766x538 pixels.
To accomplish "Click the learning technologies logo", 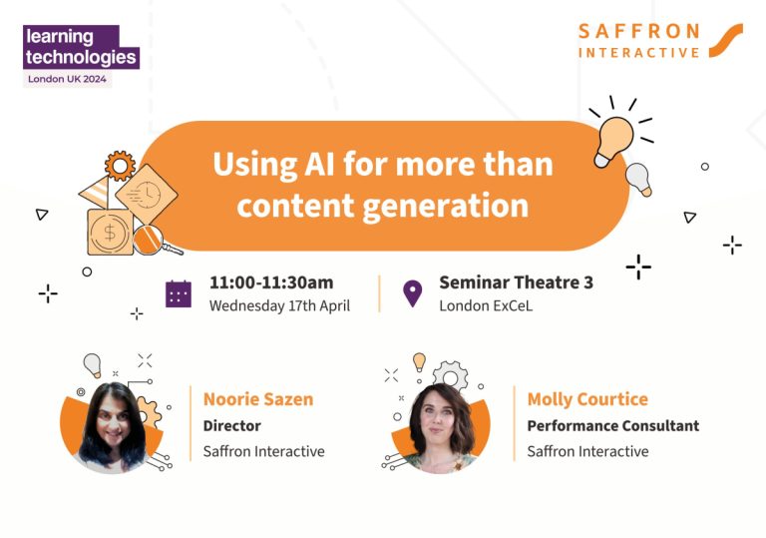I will click(x=81, y=47).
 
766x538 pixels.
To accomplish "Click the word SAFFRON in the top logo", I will click(x=641, y=31).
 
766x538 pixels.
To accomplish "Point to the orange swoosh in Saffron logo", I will click(x=724, y=40).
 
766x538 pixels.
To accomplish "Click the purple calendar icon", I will click(x=179, y=293).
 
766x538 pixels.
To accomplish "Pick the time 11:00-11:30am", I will click(x=271, y=282).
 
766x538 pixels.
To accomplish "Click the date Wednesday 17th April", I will click(x=279, y=306).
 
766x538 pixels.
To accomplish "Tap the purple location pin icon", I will click(x=412, y=293).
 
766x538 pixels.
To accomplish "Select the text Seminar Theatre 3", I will click(x=516, y=282).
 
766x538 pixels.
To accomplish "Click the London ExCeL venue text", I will click(x=486, y=306).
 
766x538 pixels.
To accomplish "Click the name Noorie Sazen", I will click(x=258, y=399).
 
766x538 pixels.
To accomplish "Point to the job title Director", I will click(x=231, y=425).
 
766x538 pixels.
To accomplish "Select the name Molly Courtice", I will click(x=587, y=399).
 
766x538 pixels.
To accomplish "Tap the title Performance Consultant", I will click(x=612, y=425).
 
